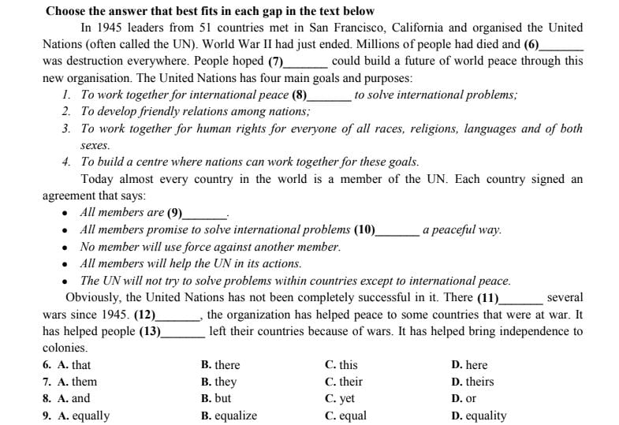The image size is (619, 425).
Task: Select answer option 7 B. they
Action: click(219, 382)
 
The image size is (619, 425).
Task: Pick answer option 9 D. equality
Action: click(479, 416)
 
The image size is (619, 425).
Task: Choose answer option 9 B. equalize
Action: click(229, 416)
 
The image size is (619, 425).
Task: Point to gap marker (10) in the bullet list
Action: click(364, 230)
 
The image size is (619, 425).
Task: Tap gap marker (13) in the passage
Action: click(150, 332)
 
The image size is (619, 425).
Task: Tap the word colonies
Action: click(65, 348)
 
